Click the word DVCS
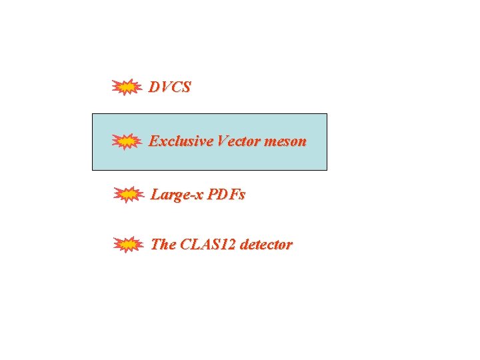pos(170,87)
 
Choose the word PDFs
pos(227,195)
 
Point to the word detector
pos(266,244)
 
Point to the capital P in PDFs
pos(212,195)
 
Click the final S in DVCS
pos(186,87)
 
